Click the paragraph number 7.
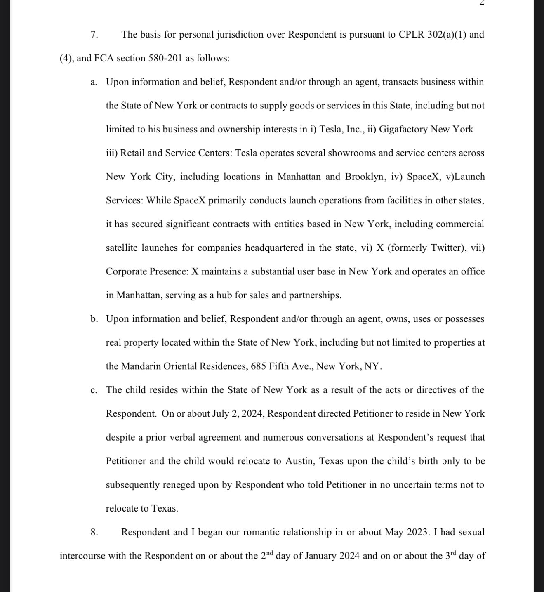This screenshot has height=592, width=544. [94, 35]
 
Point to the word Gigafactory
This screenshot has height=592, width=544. [403, 130]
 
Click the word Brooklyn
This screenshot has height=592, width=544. [364, 177]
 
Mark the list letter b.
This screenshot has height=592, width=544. [94, 319]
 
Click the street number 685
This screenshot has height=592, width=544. [259, 366]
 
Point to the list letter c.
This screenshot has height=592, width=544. [94, 390]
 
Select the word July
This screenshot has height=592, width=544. [220, 414]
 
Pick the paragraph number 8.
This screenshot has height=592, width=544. [94, 532]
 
